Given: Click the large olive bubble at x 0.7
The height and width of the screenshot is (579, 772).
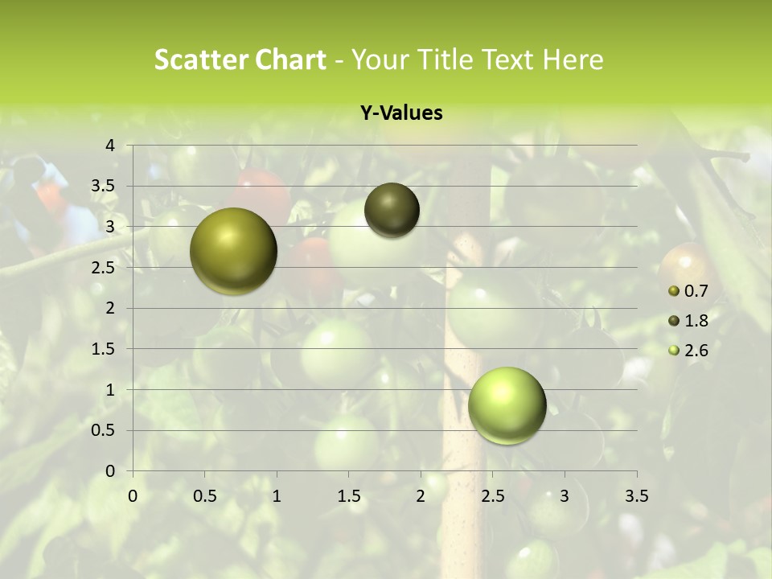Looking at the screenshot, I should pyautogui.click(x=234, y=251).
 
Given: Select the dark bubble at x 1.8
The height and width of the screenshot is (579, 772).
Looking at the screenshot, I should pyautogui.click(x=392, y=211).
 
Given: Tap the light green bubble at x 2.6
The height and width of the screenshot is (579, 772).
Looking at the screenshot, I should pyautogui.click(x=507, y=405).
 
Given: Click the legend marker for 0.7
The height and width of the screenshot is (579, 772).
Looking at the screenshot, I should pyautogui.click(x=674, y=291).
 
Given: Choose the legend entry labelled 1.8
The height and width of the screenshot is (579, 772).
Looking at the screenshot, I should pyautogui.click(x=696, y=321).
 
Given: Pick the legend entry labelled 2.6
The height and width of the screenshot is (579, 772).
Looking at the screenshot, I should pyautogui.click(x=696, y=351).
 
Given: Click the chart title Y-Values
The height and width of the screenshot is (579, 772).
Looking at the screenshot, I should pyautogui.click(x=400, y=113).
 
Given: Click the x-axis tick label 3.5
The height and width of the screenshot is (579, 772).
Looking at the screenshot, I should pyautogui.click(x=636, y=496).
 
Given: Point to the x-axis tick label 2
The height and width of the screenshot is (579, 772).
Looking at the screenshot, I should pyautogui.click(x=421, y=496).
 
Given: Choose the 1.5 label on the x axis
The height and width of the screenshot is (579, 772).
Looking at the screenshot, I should pyautogui.click(x=348, y=496).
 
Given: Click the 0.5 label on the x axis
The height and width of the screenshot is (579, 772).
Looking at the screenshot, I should pyautogui.click(x=204, y=496).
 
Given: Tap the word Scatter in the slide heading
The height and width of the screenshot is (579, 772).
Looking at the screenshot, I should pyautogui.click(x=201, y=60).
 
